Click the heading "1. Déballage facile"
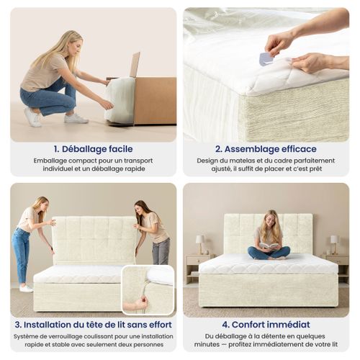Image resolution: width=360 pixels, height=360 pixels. tap(92, 149)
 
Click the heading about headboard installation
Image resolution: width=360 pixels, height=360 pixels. tap(92, 325)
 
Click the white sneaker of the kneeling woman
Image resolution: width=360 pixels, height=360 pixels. tap(33, 117)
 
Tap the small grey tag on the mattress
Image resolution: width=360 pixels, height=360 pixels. tap(266, 58)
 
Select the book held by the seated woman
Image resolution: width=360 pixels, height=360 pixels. tap(269, 246)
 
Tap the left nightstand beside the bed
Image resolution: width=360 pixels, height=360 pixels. tap(196, 267)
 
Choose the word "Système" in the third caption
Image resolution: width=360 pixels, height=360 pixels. tap(30, 336)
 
